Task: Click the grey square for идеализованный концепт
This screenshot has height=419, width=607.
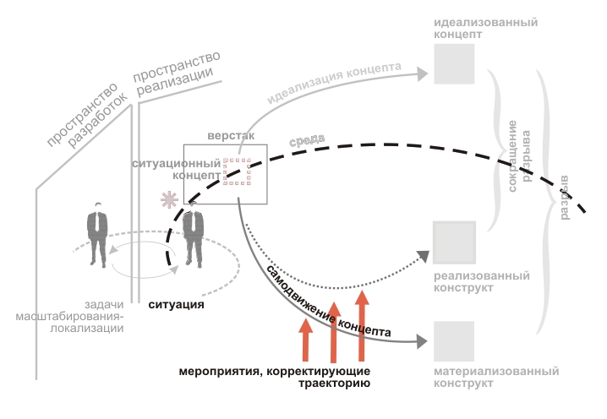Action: click(456, 63)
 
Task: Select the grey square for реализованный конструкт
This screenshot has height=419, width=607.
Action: click(455, 243)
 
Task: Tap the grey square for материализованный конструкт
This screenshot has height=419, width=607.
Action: click(455, 341)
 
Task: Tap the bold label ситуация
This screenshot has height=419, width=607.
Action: click(177, 305)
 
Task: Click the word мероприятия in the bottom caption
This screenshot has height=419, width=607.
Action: click(219, 372)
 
